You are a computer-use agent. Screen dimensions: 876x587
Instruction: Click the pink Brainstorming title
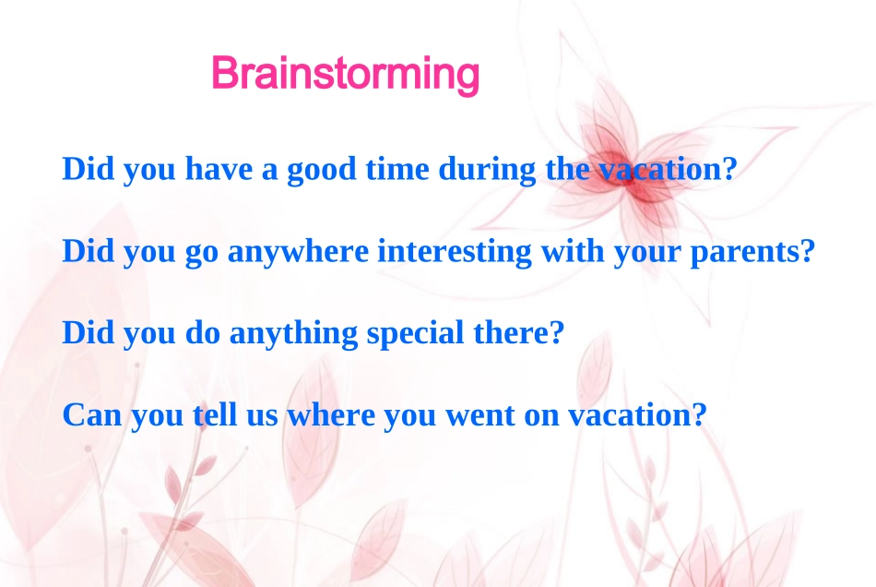pyautogui.click(x=345, y=75)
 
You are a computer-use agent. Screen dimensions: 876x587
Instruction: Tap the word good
pyautogui.click(x=321, y=170)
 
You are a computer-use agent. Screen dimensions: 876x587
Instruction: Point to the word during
pyautogui.click(x=487, y=170)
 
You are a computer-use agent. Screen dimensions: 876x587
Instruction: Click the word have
pyautogui.click(x=219, y=168)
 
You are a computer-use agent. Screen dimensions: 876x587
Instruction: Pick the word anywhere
pyautogui.click(x=298, y=252)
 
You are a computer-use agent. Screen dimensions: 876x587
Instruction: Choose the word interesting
pyautogui.click(x=455, y=252)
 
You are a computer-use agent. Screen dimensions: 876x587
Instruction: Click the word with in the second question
pyautogui.click(x=573, y=250)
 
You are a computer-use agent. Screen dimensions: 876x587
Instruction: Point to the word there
pyautogui.click(x=511, y=332)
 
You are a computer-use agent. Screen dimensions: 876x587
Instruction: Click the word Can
pyautogui.click(x=92, y=414)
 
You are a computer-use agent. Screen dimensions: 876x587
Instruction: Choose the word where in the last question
pyautogui.click(x=331, y=414)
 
